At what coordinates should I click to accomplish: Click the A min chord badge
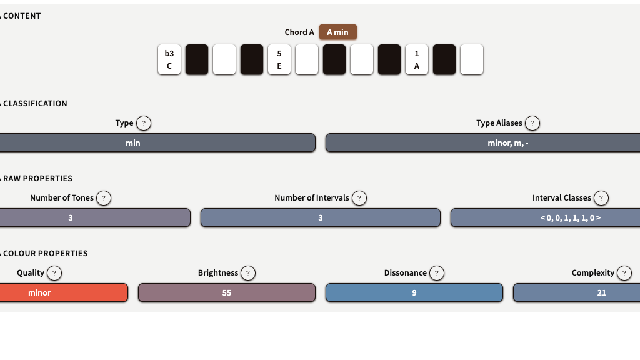click(x=337, y=32)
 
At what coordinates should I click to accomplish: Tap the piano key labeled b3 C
click(x=169, y=59)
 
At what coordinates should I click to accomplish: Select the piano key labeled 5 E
click(x=279, y=59)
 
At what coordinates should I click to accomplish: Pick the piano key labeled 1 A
click(x=417, y=59)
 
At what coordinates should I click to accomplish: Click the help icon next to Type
click(x=144, y=123)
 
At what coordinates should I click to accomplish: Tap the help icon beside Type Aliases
click(x=532, y=123)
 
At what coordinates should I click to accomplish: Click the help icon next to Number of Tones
click(x=104, y=198)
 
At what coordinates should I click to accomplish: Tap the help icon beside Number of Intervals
click(x=359, y=198)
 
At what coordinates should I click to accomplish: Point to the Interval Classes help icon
click(x=601, y=198)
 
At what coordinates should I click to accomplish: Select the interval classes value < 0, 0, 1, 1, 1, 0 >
click(x=545, y=217)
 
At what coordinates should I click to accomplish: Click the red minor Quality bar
click(x=62, y=292)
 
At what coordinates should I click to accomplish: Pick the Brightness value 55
click(x=227, y=292)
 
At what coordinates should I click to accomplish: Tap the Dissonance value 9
click(x=414, y=292)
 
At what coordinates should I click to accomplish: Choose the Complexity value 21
click(x=576, y=292)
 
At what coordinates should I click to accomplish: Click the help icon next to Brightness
click(x=248, y=273)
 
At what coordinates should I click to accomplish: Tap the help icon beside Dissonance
click(x=437, y=273)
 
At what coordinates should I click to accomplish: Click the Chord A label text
click(x=299, y=32)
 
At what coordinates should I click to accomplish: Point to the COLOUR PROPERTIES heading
click(x=45, y=253)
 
